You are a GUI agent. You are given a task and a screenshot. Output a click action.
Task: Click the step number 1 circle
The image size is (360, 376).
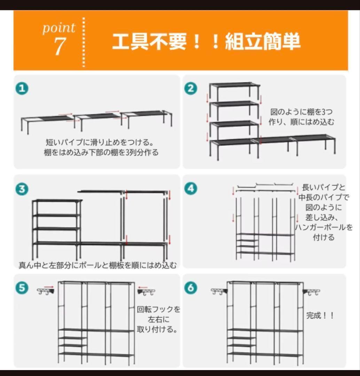(x=22, y=88)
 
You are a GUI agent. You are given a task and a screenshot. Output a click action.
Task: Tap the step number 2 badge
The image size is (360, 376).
(x=191, y=88)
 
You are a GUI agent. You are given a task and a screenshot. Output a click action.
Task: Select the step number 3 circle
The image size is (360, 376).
(x=22, y=189)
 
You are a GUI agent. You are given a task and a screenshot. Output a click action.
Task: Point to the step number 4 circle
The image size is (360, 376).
(x=191, y=188)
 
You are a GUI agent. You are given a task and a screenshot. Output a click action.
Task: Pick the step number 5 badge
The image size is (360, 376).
(x=22, y=288)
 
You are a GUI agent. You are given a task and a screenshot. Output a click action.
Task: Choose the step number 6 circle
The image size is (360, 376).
(x=191, y=288)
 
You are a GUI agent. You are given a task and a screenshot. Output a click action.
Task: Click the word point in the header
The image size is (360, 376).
(x=59, y=28)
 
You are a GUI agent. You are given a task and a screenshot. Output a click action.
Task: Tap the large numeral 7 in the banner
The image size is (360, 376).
(x=60, y=46)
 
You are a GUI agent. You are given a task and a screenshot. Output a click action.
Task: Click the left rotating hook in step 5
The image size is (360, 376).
(x=46, y=291)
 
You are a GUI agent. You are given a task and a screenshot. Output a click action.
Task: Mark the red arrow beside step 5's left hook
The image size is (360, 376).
(x=49, y=286)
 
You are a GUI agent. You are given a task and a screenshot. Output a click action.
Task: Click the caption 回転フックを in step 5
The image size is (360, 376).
(x=158, y=310)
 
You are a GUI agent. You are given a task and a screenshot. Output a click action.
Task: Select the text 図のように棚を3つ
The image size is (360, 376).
(x=302, y=112)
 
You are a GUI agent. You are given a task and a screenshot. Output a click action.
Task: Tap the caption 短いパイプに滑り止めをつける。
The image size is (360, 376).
(x=100, y=142)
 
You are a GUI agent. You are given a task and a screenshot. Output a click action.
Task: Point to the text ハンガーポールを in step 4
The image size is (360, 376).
(x=324, y=227)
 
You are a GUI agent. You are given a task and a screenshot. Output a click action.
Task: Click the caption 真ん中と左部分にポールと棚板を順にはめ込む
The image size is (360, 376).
(x=97, y=265)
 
